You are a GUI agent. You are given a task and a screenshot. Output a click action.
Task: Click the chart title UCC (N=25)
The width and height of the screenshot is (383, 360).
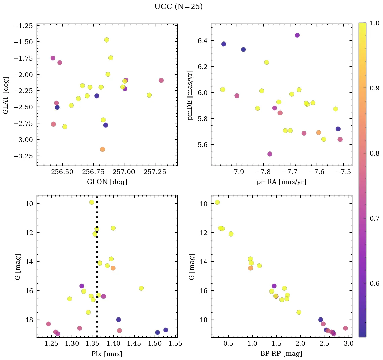tap(178, 7)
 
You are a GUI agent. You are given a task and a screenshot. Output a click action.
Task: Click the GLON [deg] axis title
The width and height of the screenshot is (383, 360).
tap(107, 182)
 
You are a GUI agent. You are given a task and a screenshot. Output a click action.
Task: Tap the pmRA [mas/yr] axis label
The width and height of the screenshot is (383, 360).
tap(282, 182)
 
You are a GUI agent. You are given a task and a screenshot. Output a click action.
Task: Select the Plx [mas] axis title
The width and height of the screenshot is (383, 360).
tap(107, 354)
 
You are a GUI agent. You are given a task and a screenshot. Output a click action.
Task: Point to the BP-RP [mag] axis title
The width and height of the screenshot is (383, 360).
tap(282, 354)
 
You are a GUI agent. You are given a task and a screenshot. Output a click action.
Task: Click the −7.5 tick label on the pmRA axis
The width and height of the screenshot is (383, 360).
tap(342, 172)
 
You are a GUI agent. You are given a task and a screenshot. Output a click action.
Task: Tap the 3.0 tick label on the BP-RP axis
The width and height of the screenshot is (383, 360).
tap(348, 344)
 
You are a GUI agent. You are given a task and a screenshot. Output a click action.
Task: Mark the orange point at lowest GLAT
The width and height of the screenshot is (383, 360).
tap(102, 149)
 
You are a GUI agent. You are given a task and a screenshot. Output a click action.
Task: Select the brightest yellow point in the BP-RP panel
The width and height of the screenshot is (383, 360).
tap(217, 202)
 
